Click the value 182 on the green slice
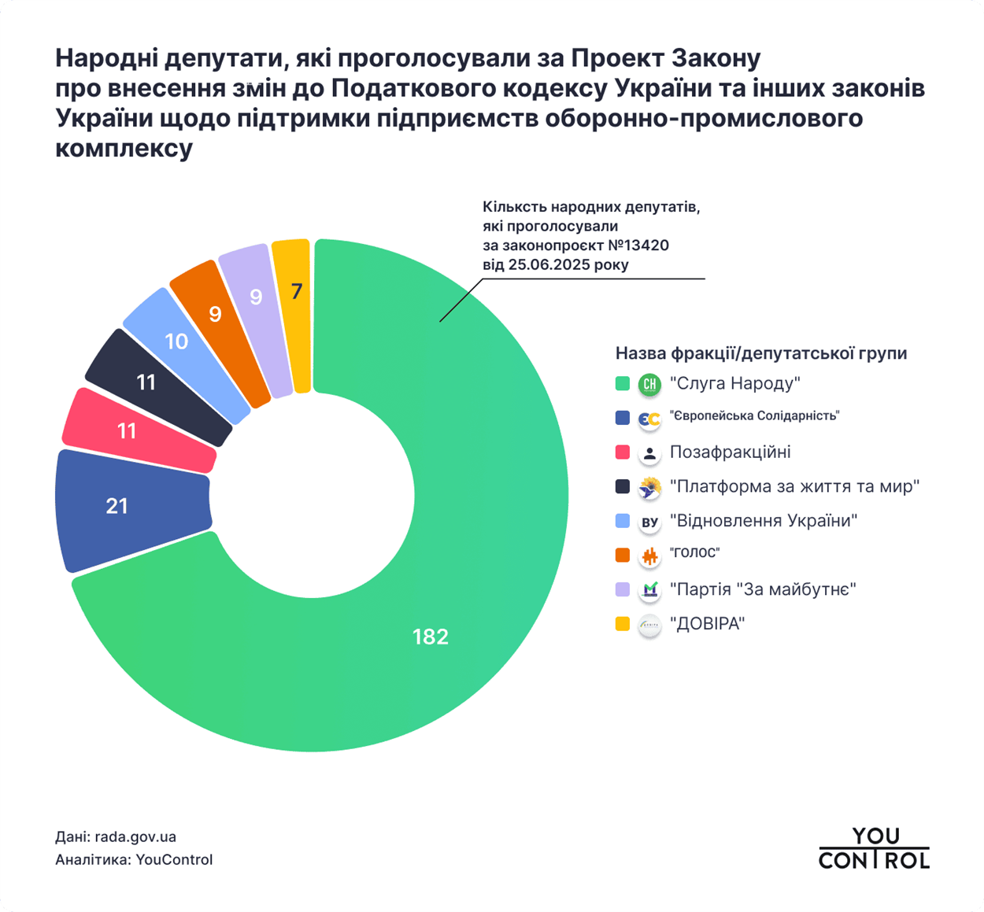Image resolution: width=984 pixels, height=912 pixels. [x=430, y=637]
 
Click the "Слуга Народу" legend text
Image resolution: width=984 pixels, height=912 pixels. [x=734, y=383]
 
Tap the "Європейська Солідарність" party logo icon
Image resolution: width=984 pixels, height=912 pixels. [x=649, y=419]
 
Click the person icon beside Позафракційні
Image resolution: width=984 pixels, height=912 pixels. [x=649, y=453]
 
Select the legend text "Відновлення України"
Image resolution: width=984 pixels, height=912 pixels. [x=763, y=521]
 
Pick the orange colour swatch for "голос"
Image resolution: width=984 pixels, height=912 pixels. [x=623, y=555]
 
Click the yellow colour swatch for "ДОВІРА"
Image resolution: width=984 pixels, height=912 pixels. [x=623, y=624]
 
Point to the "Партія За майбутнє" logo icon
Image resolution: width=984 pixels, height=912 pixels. [x=649, y=589]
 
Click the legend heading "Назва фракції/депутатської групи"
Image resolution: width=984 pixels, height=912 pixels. [x=760, y=353]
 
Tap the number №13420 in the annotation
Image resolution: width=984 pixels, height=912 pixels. [x=638, y=246]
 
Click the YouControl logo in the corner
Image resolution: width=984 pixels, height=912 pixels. [x=874, y=848]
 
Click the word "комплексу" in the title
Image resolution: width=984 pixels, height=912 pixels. [x=124, y=148]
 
